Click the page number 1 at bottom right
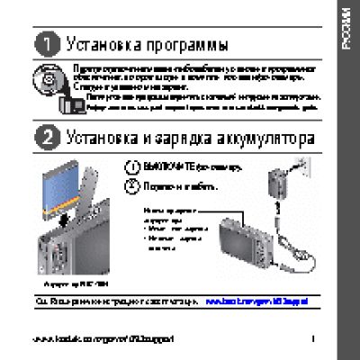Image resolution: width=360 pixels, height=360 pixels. pyautogui.click(x=310, y=338)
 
